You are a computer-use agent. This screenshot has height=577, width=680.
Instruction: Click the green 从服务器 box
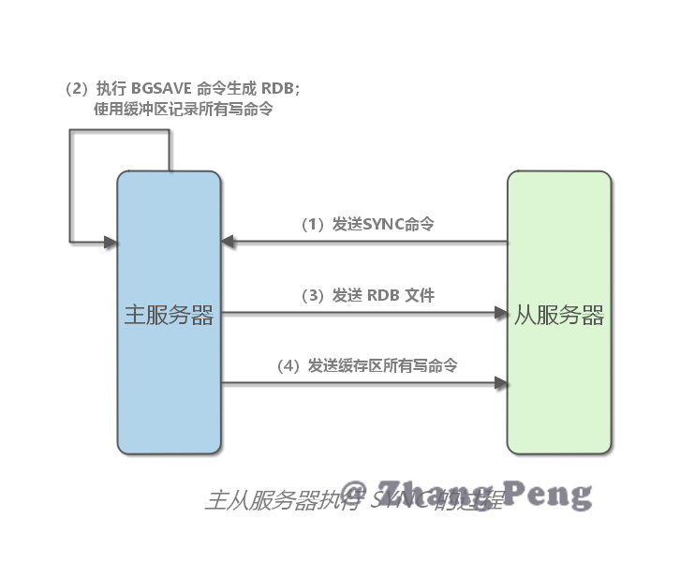(558, 393)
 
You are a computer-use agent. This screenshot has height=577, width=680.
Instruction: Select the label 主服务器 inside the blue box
(169, 316)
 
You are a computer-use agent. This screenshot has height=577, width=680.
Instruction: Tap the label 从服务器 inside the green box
(559, 316)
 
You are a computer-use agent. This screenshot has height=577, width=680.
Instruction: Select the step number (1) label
(312, 225)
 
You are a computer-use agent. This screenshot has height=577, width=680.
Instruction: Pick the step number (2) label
(76, 89)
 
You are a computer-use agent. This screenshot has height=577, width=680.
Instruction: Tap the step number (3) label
(312, 295)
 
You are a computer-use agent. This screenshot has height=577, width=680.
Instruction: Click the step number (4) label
(288, 365)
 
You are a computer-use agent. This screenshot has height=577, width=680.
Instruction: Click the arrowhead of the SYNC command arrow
(228, 244)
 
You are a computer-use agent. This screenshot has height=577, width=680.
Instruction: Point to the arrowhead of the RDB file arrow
(500, 313)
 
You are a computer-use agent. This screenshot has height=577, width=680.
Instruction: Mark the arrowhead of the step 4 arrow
(500, 382)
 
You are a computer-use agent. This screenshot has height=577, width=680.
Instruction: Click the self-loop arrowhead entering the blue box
(111, 244)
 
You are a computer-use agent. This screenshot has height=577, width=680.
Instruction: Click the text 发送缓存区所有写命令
(383, 365)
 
